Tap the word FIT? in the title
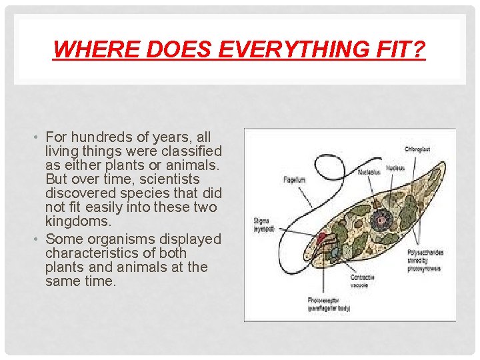click(403, 49)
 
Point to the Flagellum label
click(295, 179)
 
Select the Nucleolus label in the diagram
click(369, 171)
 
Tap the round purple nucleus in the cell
click(382, 219)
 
